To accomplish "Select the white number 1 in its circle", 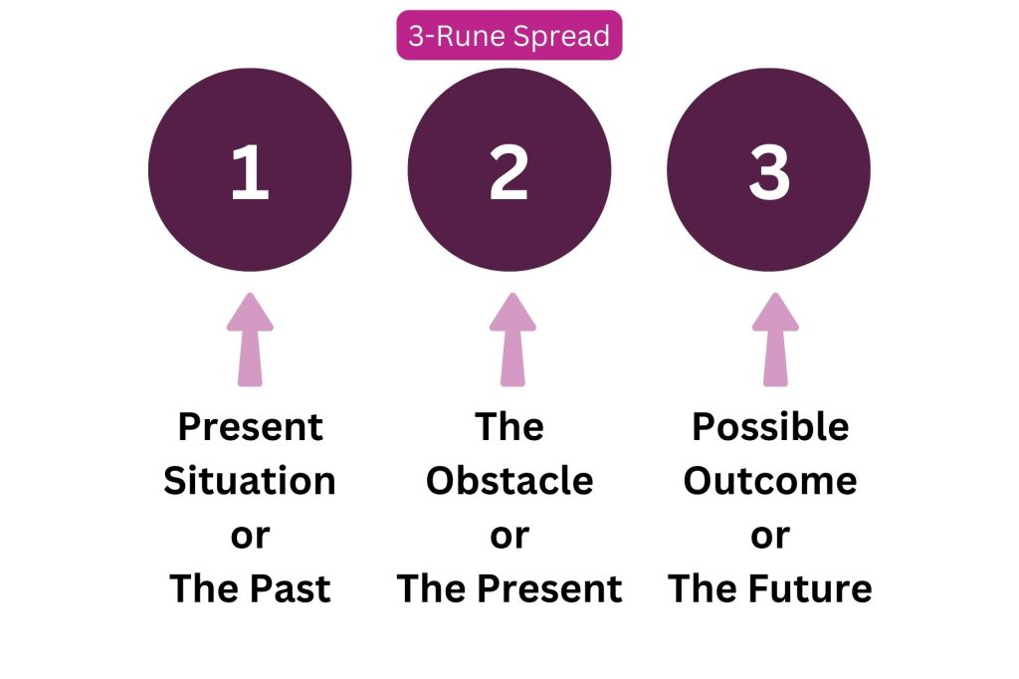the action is point(250,171).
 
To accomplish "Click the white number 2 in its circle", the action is point(509,171).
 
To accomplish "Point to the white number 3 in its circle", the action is point(769,171).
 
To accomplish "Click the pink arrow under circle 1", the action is point(250,339).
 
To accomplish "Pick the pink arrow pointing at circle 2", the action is point(512,339).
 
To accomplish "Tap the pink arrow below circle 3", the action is point(775,339).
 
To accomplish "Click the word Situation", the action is point(250,481).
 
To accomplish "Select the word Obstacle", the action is point(509,481).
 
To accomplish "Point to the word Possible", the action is point(770,427).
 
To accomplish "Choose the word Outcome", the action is point(770,481).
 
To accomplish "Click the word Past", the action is point(290,588).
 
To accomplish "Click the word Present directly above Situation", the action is point(250,427).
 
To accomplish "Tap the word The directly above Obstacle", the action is point(509,427).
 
